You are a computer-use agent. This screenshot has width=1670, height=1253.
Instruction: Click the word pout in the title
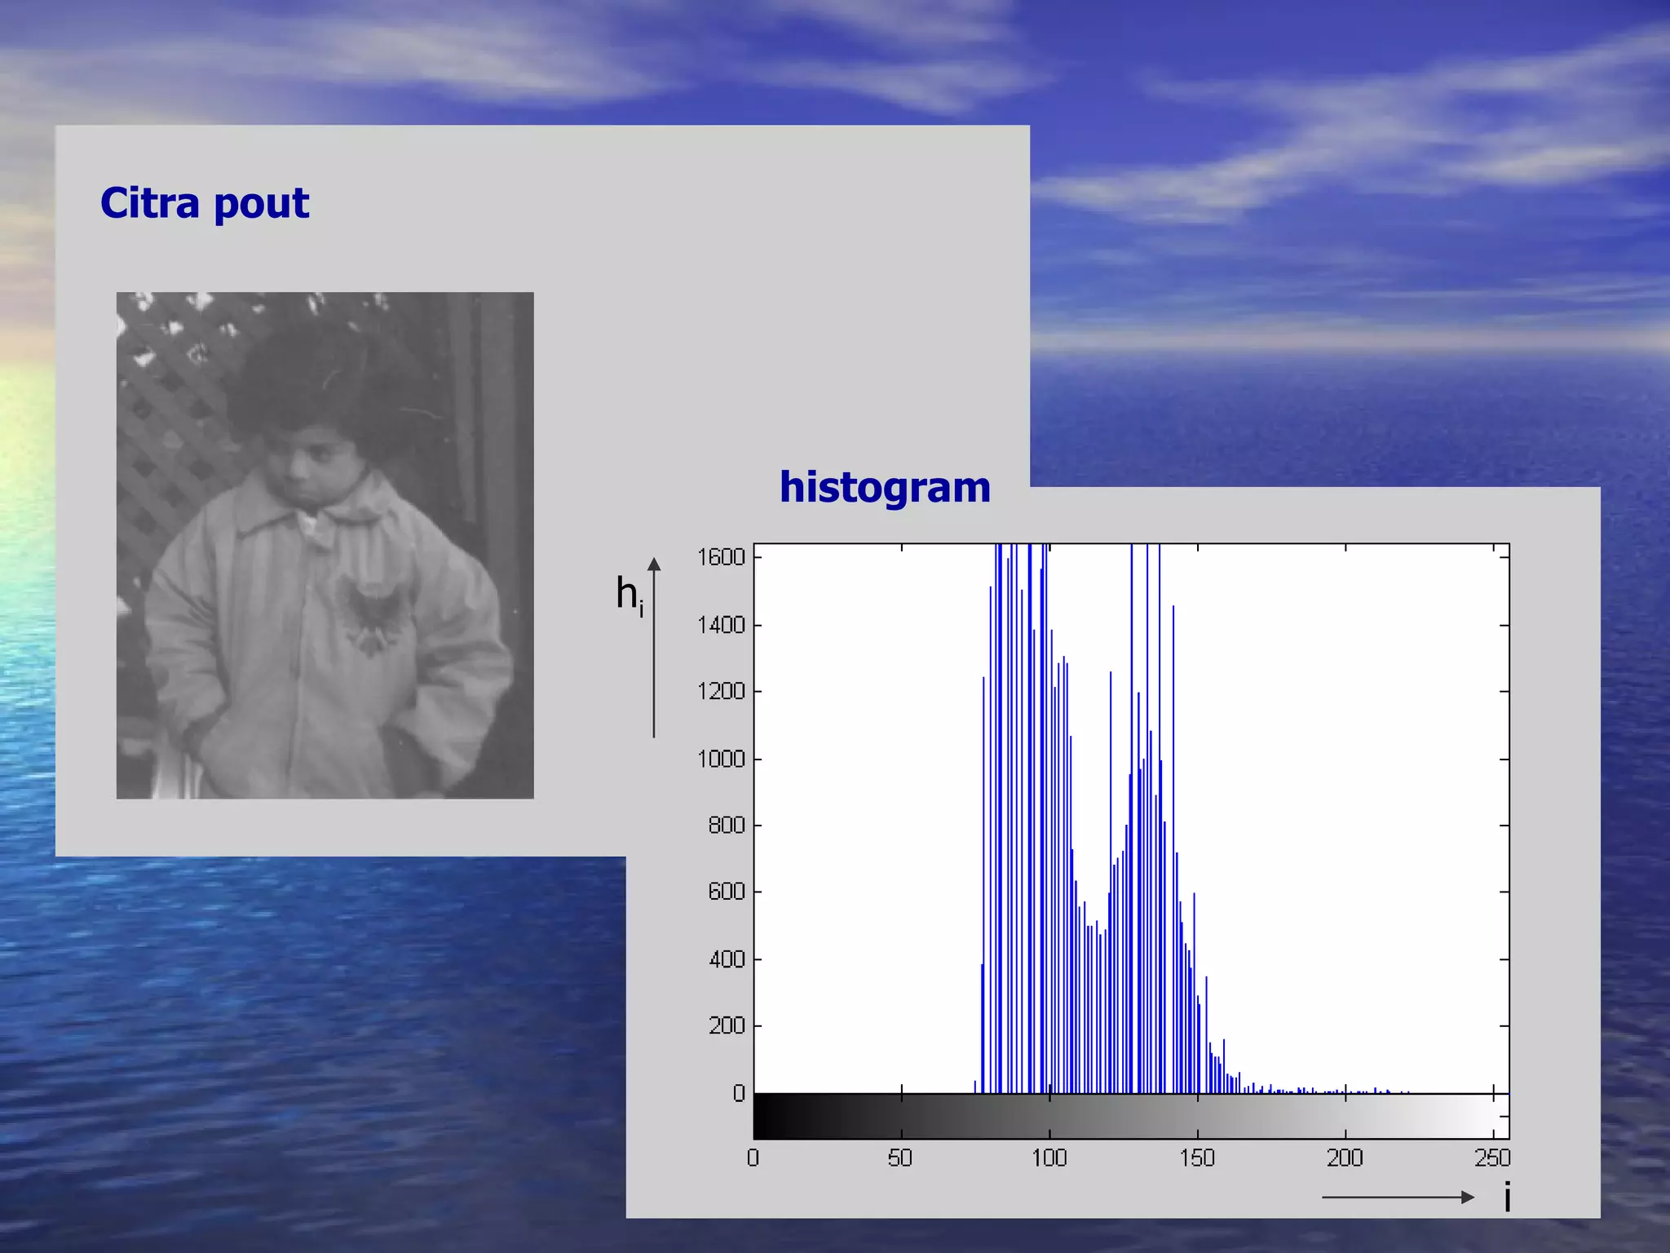pyautogui.click(x=262, y=204)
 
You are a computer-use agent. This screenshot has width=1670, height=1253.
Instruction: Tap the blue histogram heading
pyautogui.click(x=885, y=487)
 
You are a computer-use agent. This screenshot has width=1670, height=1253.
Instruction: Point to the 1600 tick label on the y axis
pyautogui.click(x=721, y=557)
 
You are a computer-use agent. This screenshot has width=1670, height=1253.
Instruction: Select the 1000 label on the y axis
pyautogui.click(x=721, y=759)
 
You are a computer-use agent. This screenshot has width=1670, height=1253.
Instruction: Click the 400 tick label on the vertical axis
pyautogui.click(x=727, y=959)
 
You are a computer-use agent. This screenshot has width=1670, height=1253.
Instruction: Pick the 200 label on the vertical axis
pyautogui.click(x=727, y=1025)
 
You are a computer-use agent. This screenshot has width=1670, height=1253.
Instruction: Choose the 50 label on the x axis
pyautogui.click(x=899, y=1158)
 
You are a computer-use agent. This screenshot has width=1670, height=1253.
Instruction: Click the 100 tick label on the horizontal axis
pyautogui.click(x=1049, y=1158)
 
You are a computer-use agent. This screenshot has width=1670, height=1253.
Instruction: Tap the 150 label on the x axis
pyautogui.click(x=1197, y=1158)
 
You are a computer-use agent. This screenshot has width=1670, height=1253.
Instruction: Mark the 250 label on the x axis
pyautogui.click(x=1493, y=1158)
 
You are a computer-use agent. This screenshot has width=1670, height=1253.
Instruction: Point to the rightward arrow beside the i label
pyautogui.click(x=1398, y=1198)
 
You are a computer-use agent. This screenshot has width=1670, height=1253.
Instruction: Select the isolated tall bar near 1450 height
pyautogui.click(x=1173, y=848)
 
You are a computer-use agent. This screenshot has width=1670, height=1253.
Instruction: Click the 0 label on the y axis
pyautogui.click(x=738, y=1093)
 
